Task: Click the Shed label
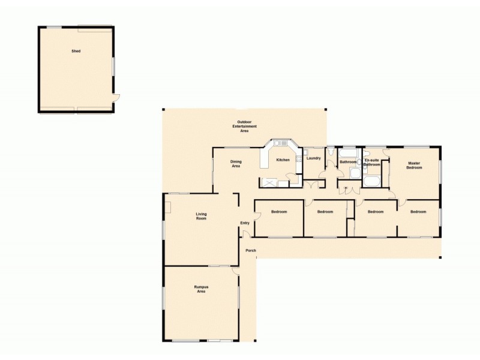(x=76, y=51)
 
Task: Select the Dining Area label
(x=236, y=163)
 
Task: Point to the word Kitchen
(x=283, y=160)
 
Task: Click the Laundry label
(x=313, y=158)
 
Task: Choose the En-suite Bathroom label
(x=371, y=163)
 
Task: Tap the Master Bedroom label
(x=414, y=165)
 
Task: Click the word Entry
(x=244, y=223)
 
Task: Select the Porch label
(x=251, y=250)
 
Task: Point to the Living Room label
(x=201, y=216)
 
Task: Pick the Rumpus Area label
(x=201, y=289)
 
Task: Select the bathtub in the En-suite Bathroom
(x=371, y=182)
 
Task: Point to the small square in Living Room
(x=169, y=207)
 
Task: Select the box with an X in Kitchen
(x=268, y=182)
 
